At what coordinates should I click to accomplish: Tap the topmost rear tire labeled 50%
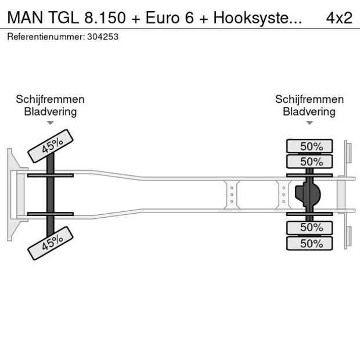click(309, 146)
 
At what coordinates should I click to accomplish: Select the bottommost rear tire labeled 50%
click(309, 243)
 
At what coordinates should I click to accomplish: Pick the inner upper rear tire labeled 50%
click(309, 161)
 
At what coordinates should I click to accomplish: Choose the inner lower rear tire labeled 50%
click(309, 227)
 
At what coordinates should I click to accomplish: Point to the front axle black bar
click(51, 194)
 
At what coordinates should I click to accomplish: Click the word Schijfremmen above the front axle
click(50, 99)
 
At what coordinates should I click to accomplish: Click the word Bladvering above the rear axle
click(309, 111)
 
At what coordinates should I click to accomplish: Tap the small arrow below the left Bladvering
click(51, 123)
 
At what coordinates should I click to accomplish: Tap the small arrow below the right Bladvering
click(309, 123)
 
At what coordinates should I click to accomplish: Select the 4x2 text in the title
click(339, 17)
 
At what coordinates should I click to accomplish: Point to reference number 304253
click(102, 37)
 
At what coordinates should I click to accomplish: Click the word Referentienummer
click(45, 37)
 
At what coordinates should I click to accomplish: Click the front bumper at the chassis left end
click(12, 195)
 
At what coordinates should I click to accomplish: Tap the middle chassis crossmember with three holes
click(231, 195)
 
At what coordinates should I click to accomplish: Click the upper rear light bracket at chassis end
click(348, 154)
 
